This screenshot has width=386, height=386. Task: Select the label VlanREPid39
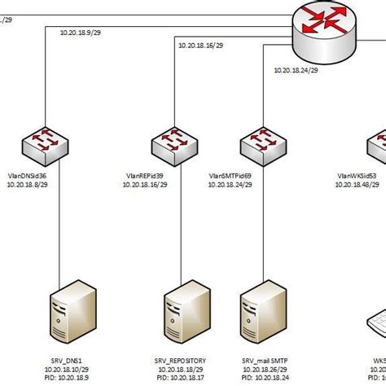pyautogui.click(x=145, y=175)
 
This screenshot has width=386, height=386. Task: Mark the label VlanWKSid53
pyautogui.click(x=357, y=175)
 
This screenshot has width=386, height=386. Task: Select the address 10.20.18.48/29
pyautogui.click(x=357, y=185)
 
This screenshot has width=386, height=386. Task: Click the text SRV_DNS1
pyautogui.click(x=68, y=360)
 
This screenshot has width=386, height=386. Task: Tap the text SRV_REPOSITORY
pyautogui.click(x=180, y=360)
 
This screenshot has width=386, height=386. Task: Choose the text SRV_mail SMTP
pyautogui.click(x=264, y=360)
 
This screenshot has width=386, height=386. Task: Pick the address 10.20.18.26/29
pyautogui.click(x=264, y=370)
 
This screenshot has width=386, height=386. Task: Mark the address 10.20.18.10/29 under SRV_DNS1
pyautogui.click(x=68, y=370)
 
